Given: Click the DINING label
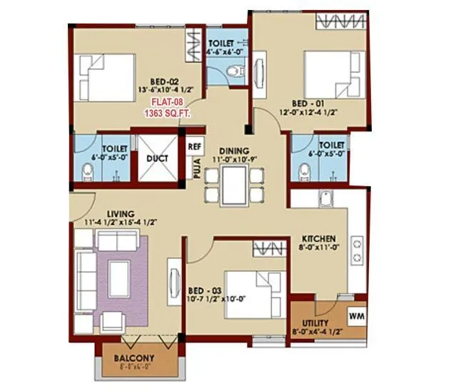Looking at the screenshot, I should tap(233, 151).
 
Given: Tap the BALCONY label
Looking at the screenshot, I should tap(134, 357).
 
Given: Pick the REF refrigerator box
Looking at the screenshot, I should tap(194, 146).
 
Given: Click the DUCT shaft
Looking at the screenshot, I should tap(157, 158).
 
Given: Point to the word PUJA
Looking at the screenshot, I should tap(193, 171).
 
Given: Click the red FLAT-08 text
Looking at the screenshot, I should tap(161, 102).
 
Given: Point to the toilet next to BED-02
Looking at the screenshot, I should tap(88, 171).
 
